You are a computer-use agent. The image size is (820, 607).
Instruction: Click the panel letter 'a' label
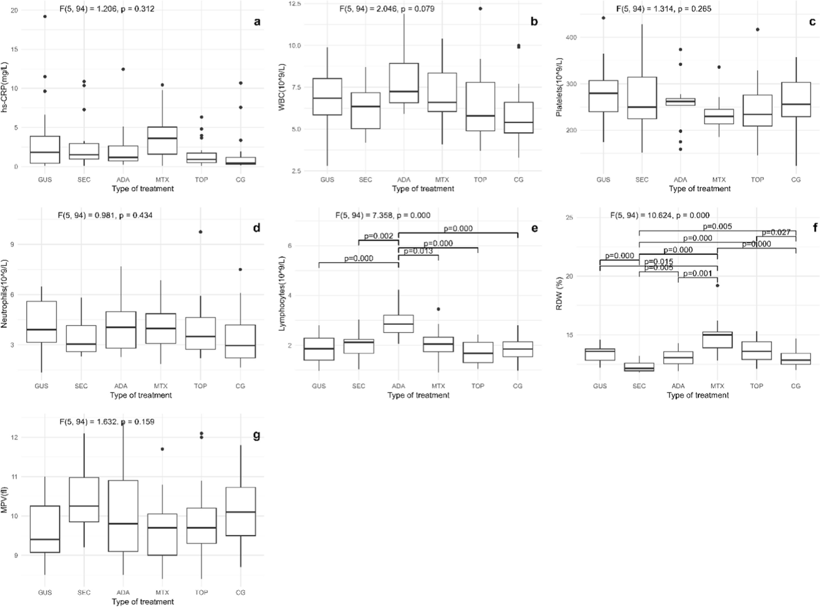pyautogui.click(x=257, y=22)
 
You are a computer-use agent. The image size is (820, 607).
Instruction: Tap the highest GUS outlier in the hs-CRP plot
pyautogui.click(x=45, y=17)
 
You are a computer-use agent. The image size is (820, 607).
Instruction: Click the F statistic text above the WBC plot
pyautogui.click(x=387, y=8)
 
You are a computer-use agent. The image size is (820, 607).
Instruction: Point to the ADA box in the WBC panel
pyautogui.click(x=404, y=83)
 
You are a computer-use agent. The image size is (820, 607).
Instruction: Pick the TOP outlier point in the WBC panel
pyautogui.click(x=480, y=8)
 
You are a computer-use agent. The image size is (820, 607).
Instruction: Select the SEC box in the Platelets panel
pyautogui.click(x=642, y=98)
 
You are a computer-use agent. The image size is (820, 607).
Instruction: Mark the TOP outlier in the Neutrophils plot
pyautogui.click(x=200, y=232)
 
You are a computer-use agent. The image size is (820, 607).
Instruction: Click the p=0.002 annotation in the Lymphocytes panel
pyautogui.click(x=378, y=236)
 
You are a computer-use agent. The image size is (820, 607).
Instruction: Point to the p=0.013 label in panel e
pyautogui.click(x=418, y=251)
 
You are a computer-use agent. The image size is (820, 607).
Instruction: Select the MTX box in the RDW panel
pyautogui.click(x=717, y=340)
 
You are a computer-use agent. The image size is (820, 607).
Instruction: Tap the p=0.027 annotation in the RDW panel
pyautogui.click(x=776, y=232)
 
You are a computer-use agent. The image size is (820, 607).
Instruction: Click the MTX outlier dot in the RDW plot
pyautogui.click(x=717, y=286)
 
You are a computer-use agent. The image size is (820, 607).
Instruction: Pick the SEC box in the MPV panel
pyautogui.click(x=84, y=500)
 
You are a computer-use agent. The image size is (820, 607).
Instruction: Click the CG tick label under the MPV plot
pyautogui.click(x=240, y=592)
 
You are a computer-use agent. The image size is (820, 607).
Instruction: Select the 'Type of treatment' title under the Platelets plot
pyautogui.click(x=700, y=189)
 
